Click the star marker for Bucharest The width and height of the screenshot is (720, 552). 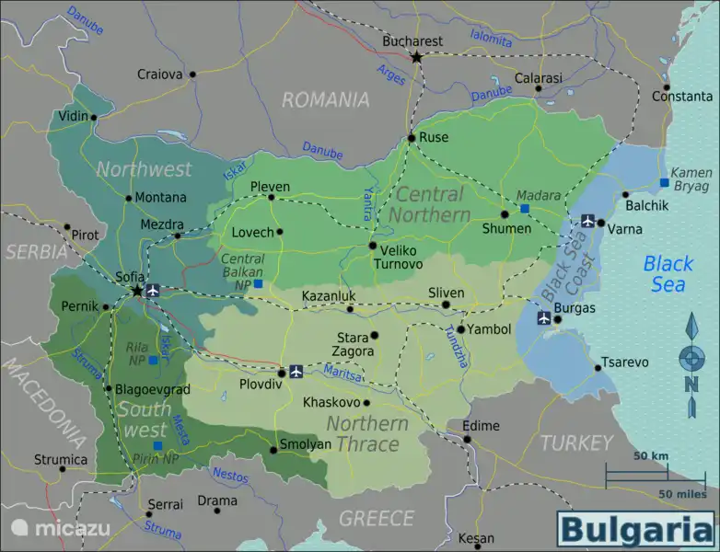pyautogui.click(x=416, y=57)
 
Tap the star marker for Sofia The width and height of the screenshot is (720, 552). pyautogui.click(x=137, y=291)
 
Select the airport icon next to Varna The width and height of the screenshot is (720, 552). pyautogui.click(x=587, y=221)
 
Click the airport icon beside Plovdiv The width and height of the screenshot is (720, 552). pyautogui.click(x=296, y=372)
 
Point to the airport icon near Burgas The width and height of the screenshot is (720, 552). pyautogui.click(x=544, y=318)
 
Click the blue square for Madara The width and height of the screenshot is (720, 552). pyautogui.click(x=525, y=209)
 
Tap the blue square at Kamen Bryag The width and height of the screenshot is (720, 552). pyautogui.click(x=664, y=182)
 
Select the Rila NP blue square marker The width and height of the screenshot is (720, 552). pyautogui.click(x=153, y=361)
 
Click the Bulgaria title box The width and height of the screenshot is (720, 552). pyautogui.click(x=635, y=529)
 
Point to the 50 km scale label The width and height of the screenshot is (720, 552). pyautogui.click(x=651, y=456)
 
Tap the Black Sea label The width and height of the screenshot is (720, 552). pyautogui.click(x=668, y=273)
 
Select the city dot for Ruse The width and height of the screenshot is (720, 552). pyautogui.click(x=412, y=138)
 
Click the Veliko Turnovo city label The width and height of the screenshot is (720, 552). pyautogui.click(x=399, y=257)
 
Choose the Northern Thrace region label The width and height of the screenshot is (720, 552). pyautogui.click(x=366, y=433)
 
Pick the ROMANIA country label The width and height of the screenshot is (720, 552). pyautogui.click(x=325, y=99)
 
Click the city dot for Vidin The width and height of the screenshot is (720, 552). pyautogui.click(x=94, y=117)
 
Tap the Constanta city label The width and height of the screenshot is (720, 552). pyautogui.click(x=681, y=97)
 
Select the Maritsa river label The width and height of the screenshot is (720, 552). pyautogui.click(x=342, y=373)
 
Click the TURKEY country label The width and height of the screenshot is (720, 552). pyautogui.click(x=576, y=443)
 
